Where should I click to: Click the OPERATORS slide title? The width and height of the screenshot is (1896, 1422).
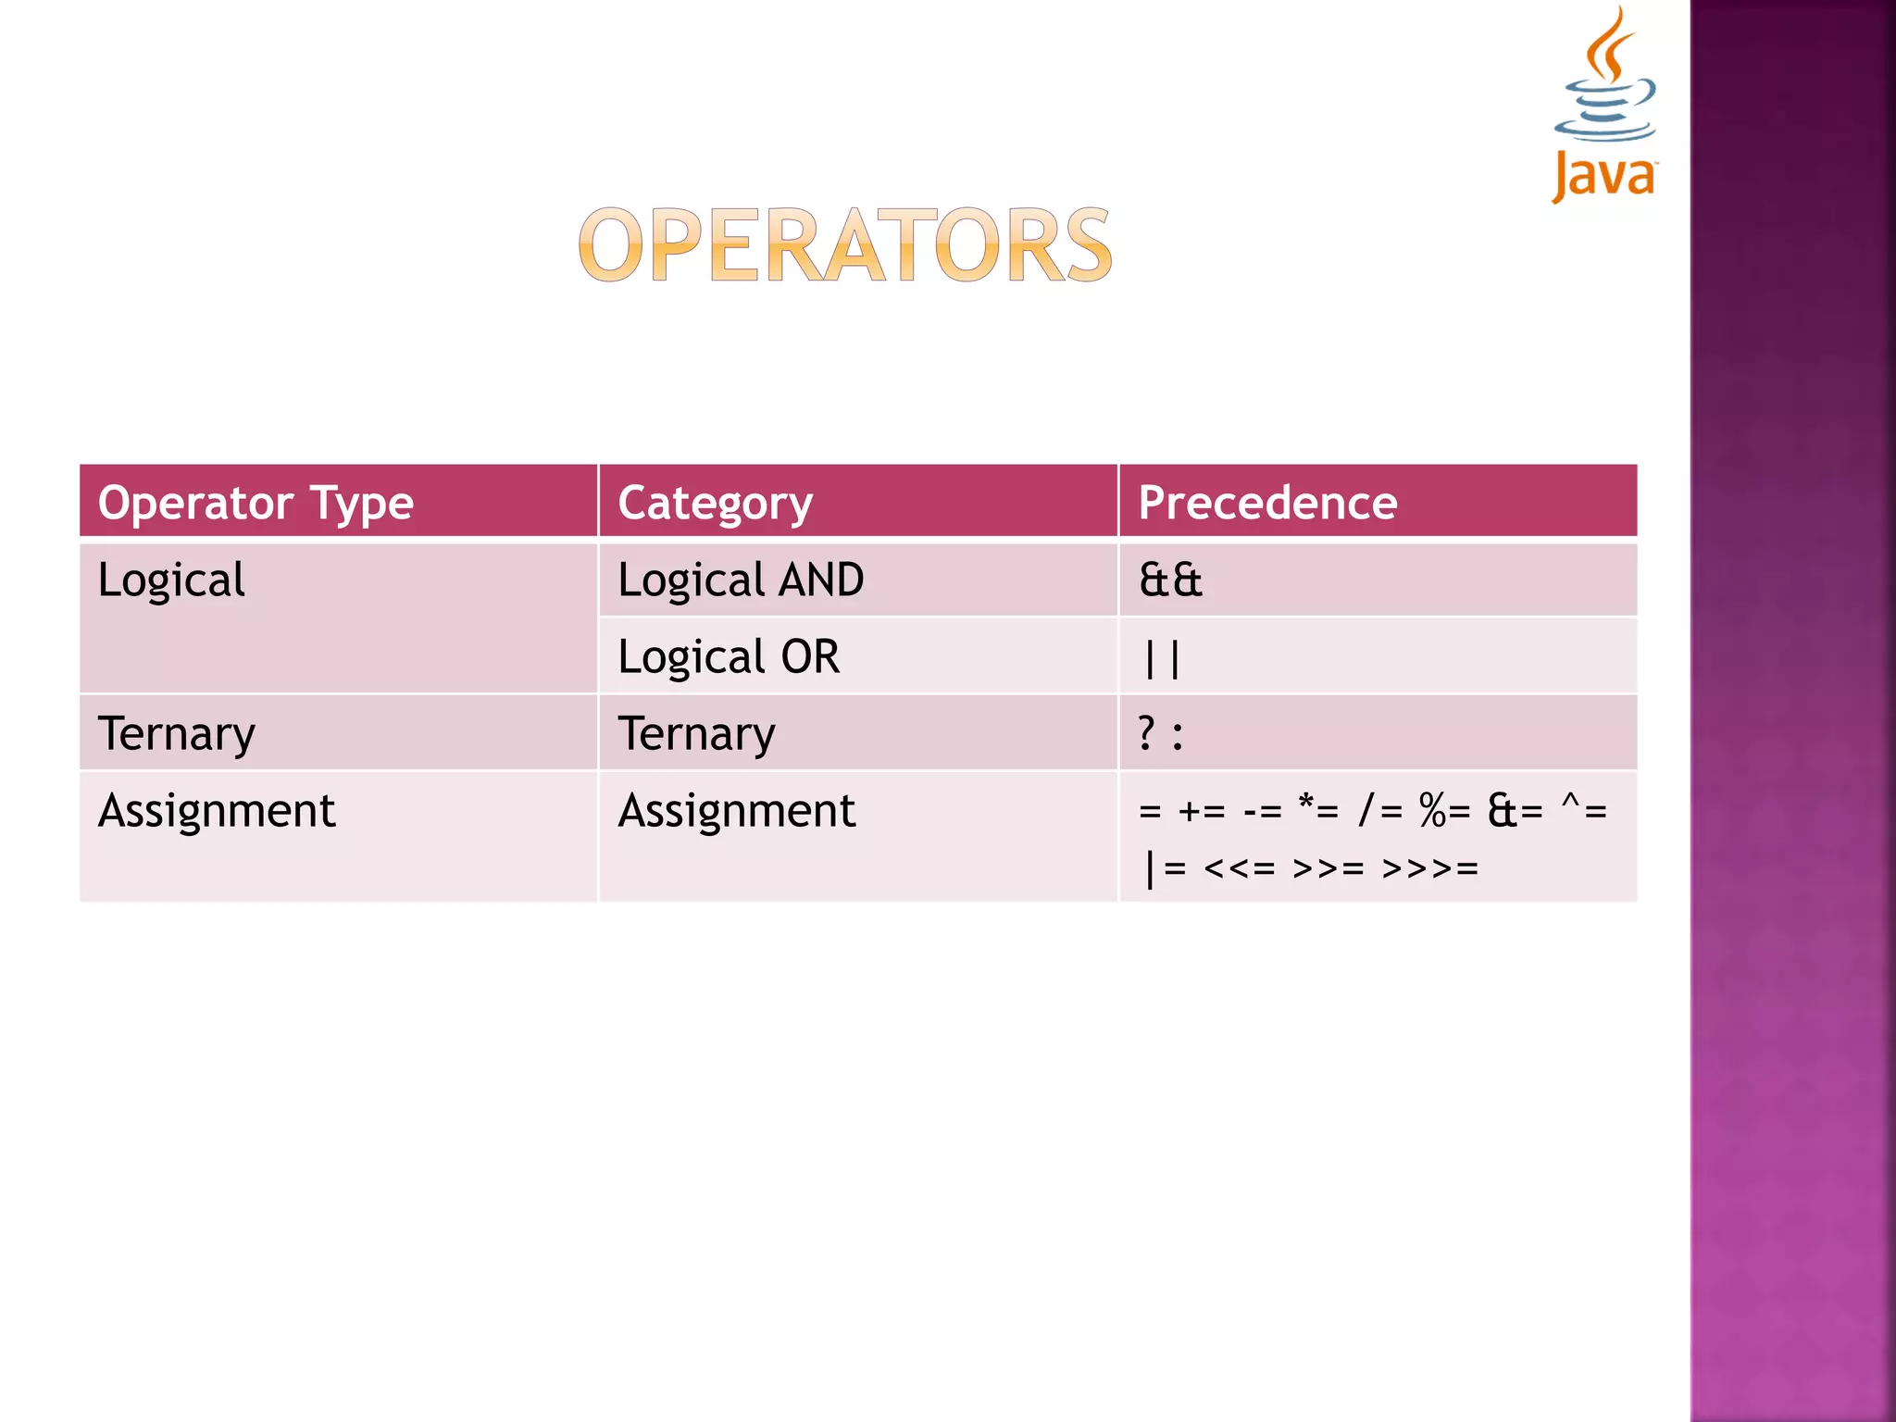[844, 244]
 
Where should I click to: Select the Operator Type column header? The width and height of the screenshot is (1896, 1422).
[256, 503]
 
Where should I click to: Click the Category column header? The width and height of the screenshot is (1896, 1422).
[715, 503]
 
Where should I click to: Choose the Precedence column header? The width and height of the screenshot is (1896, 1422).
[1267, 503]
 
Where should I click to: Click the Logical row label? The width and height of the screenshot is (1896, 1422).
[171, 580]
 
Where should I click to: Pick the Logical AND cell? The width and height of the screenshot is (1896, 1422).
[741, 580]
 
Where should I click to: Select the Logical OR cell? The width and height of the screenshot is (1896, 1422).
[729, 657]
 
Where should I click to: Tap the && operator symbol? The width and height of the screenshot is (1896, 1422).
[1170, 580]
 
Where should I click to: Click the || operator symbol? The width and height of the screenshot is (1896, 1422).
[1162, 659]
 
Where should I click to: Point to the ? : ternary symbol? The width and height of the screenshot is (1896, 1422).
[1160, 734]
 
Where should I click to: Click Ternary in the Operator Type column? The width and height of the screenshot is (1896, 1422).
[176, 734]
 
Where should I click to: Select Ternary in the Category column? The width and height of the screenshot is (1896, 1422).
[696, 734]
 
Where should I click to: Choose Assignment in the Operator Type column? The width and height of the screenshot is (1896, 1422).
[217, 811]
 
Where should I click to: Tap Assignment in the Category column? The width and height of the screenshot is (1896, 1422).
[737, 811]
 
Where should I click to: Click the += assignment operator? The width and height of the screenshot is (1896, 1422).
[1202, 812]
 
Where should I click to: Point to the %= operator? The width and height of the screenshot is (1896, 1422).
[1444, 811]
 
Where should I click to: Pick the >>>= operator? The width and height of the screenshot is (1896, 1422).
[1429, 868]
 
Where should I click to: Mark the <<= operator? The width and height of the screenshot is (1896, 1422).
[1239, 868]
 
